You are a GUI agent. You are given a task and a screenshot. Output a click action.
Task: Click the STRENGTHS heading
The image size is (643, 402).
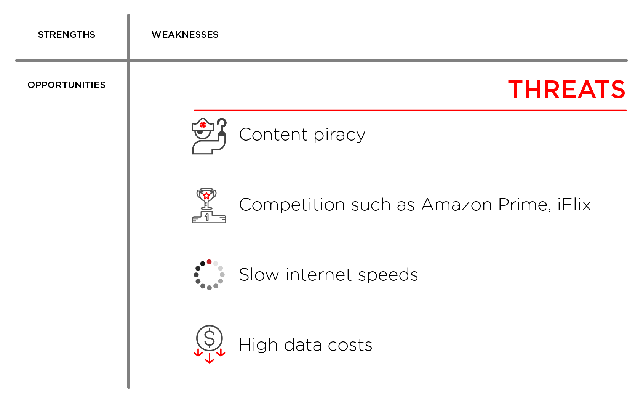coord(66,35)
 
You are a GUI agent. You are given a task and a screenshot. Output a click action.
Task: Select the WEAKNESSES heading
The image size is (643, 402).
coord(185,35)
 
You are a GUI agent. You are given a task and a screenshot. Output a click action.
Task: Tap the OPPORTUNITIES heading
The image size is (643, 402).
coord(66,85)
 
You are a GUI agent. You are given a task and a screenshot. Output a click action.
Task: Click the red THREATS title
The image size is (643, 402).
coord(566,90)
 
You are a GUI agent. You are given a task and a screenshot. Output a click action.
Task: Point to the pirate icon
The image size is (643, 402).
coord(209,136)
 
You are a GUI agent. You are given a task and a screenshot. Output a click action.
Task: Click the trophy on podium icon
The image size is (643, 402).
coord(209,206)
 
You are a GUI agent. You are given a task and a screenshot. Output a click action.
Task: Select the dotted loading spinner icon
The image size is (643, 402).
coord(209,275)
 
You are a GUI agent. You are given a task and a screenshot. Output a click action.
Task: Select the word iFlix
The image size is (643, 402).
coord(574,205)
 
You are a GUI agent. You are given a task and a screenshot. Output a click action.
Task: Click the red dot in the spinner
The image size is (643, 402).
coord(209,262)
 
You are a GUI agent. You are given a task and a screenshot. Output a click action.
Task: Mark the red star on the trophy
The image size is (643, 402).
coord(206,196)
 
